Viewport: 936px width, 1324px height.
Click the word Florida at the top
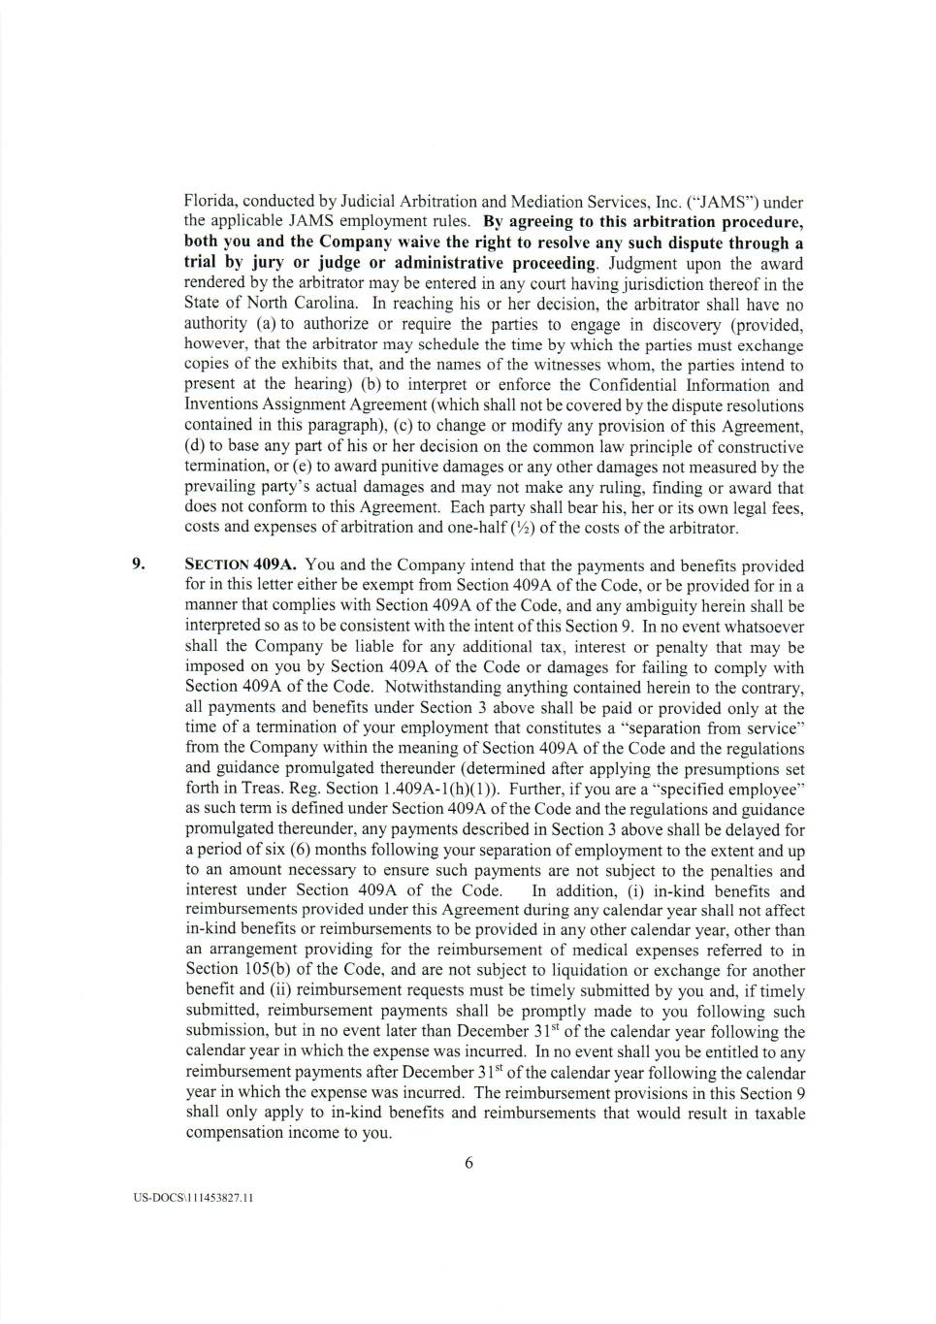pyautogui.click(x=209, y=202)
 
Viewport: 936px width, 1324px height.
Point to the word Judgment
pyautogui.click(x=640, y=263)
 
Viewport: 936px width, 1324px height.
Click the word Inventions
pyautogui.click(x=218, y=405)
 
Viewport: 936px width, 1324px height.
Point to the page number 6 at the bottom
pyautogui.click(x=468, y=1163)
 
